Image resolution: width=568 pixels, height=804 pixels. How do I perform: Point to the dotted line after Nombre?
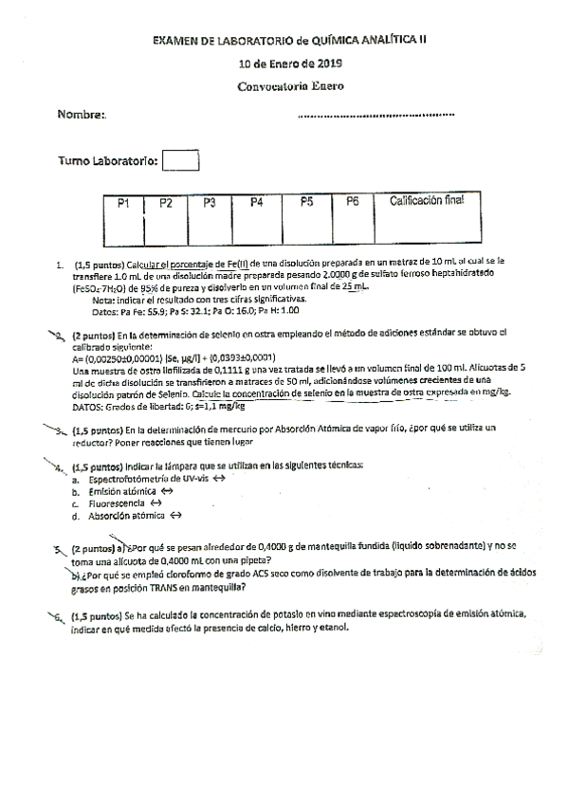tap(376, 116)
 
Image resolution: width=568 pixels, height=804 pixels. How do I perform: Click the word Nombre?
tap(82, 114)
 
